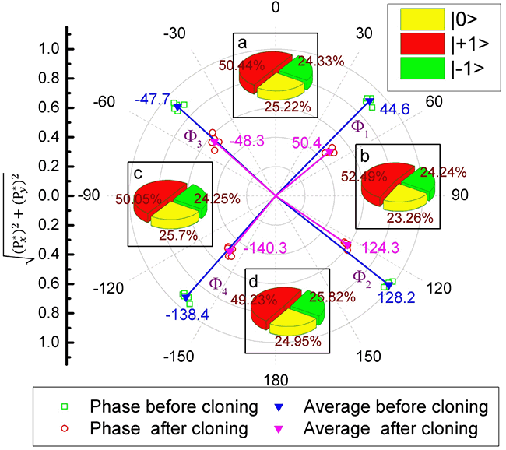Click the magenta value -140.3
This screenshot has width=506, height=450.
[x=266, y=248]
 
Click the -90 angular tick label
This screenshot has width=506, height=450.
[x=91, y=195]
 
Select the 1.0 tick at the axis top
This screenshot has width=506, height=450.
[x=49, y=49]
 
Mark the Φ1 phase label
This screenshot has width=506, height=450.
[x=357, y=125]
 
